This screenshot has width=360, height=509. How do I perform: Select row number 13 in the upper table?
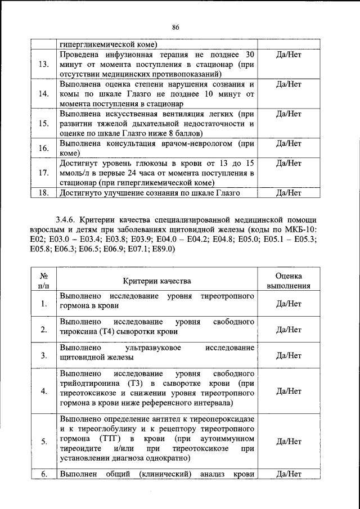43,64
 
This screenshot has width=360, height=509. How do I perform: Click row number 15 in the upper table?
43,123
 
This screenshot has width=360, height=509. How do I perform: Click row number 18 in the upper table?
43,193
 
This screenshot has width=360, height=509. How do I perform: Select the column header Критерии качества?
157,281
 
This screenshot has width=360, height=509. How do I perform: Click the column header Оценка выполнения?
289,281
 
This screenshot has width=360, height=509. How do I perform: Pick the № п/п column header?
43,281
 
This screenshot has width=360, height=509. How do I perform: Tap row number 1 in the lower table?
43,304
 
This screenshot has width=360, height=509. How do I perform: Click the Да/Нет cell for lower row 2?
289,330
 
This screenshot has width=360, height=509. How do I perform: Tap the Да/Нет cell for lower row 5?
289,442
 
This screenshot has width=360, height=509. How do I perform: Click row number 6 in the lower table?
43,473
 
